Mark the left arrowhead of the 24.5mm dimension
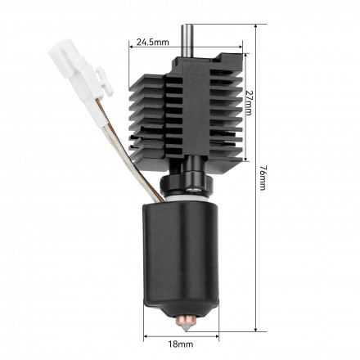pyautogui.click(x=132, y=47)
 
